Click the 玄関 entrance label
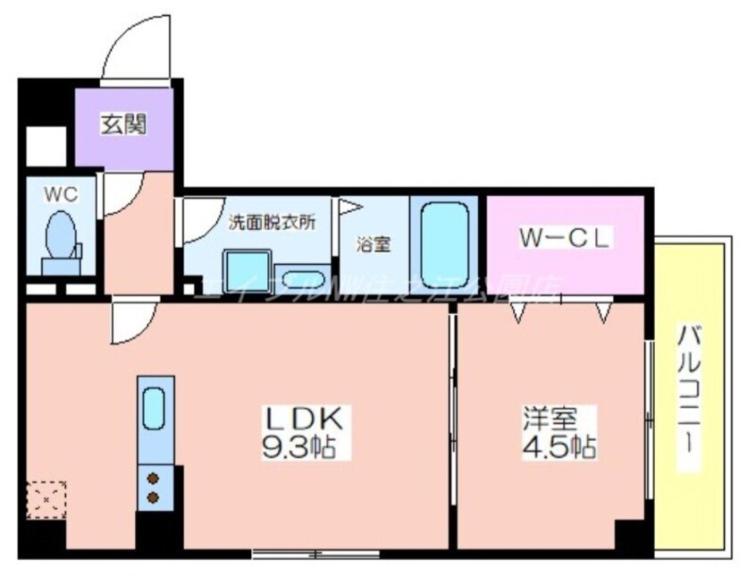pos(124,123)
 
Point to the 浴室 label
pos(372,242)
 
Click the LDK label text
pos(301,419)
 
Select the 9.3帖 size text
pos(301,445)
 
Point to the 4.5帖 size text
pos(560,445)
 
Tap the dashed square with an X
pos(46,500)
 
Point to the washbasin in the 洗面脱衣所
pos(303,276)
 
